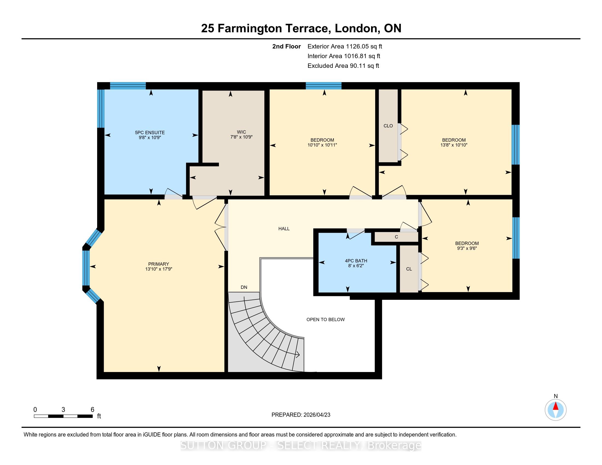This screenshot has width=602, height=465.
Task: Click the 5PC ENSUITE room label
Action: (150, 132)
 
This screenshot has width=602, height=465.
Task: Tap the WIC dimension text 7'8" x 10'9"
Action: (241, 137)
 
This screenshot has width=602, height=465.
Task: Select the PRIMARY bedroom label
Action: (158, 264)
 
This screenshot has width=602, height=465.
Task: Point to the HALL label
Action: (284, 229)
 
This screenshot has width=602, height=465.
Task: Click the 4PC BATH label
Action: (356, 261)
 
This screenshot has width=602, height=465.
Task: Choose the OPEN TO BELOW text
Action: (326, 319)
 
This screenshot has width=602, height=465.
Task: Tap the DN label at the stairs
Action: (244, 287)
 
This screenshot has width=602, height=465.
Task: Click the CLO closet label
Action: (388, 126)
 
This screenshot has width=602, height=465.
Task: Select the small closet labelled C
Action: (396, 237)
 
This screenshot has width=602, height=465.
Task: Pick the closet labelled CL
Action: (409, 269)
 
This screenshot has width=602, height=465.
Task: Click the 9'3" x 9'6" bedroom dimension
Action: (467, 248)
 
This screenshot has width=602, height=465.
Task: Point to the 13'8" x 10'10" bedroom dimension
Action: (454, 145)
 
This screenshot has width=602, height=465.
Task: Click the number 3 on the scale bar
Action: (63, 410)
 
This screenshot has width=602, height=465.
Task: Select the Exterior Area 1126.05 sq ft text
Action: (345, 47)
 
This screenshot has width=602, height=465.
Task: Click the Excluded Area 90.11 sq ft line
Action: (343, 66)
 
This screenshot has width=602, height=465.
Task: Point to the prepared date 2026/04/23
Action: (317, 415)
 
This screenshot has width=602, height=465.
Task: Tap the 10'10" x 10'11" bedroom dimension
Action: (322, 145)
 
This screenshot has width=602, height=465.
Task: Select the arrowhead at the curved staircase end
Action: (298, 355)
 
